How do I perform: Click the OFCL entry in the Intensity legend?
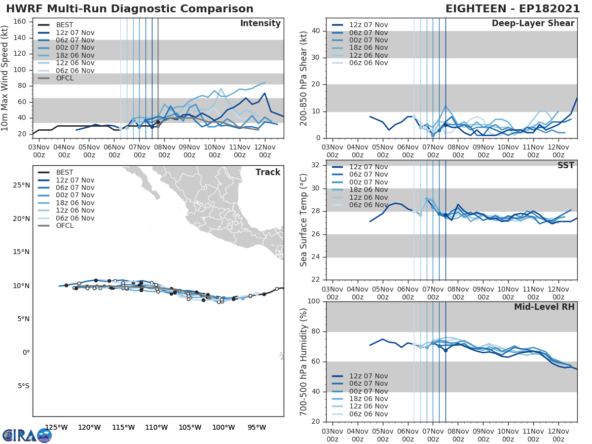pyautogui.click(x=65, y=78)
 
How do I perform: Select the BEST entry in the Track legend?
pyautogui.click(x=65, y=173)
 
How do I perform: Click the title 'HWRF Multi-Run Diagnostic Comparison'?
pyautogui.click(x=130, y=9)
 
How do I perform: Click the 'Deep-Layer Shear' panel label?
pyautogui.click(x=533, y=24)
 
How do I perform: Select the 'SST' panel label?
pyautogui.click(x=565, y=165)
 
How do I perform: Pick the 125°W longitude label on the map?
pyautogui.click(x=56, y=427)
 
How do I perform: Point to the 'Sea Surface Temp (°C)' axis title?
pyautogui.click(x=303, y=220)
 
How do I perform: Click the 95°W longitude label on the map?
pyautogui.click(x=257, y=427)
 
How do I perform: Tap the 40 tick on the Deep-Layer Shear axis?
pyautogui.click(x=316, y=31)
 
